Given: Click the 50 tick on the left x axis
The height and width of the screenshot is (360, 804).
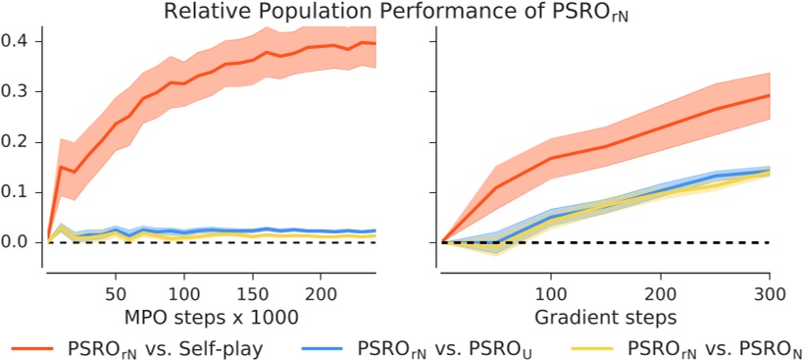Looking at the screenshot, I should pyautogui.click(x=116, y=294).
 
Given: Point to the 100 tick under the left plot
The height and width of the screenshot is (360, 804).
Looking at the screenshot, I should pyautogui.click(x=184, y=294).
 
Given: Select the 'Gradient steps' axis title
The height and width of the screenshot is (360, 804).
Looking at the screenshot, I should pyautogui.click(x=606, y=319).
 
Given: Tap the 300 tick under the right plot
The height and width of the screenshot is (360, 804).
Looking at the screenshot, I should pyautogui.click(x=770, y=294).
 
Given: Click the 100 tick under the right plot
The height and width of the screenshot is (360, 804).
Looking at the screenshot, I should pyautogui.click(x=552, y=294).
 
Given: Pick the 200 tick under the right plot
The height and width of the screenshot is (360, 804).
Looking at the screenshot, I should pyautogui.click(x=661, y=294).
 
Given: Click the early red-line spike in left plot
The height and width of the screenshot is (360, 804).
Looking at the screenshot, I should pyautogui.click(x=60, y=167).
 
